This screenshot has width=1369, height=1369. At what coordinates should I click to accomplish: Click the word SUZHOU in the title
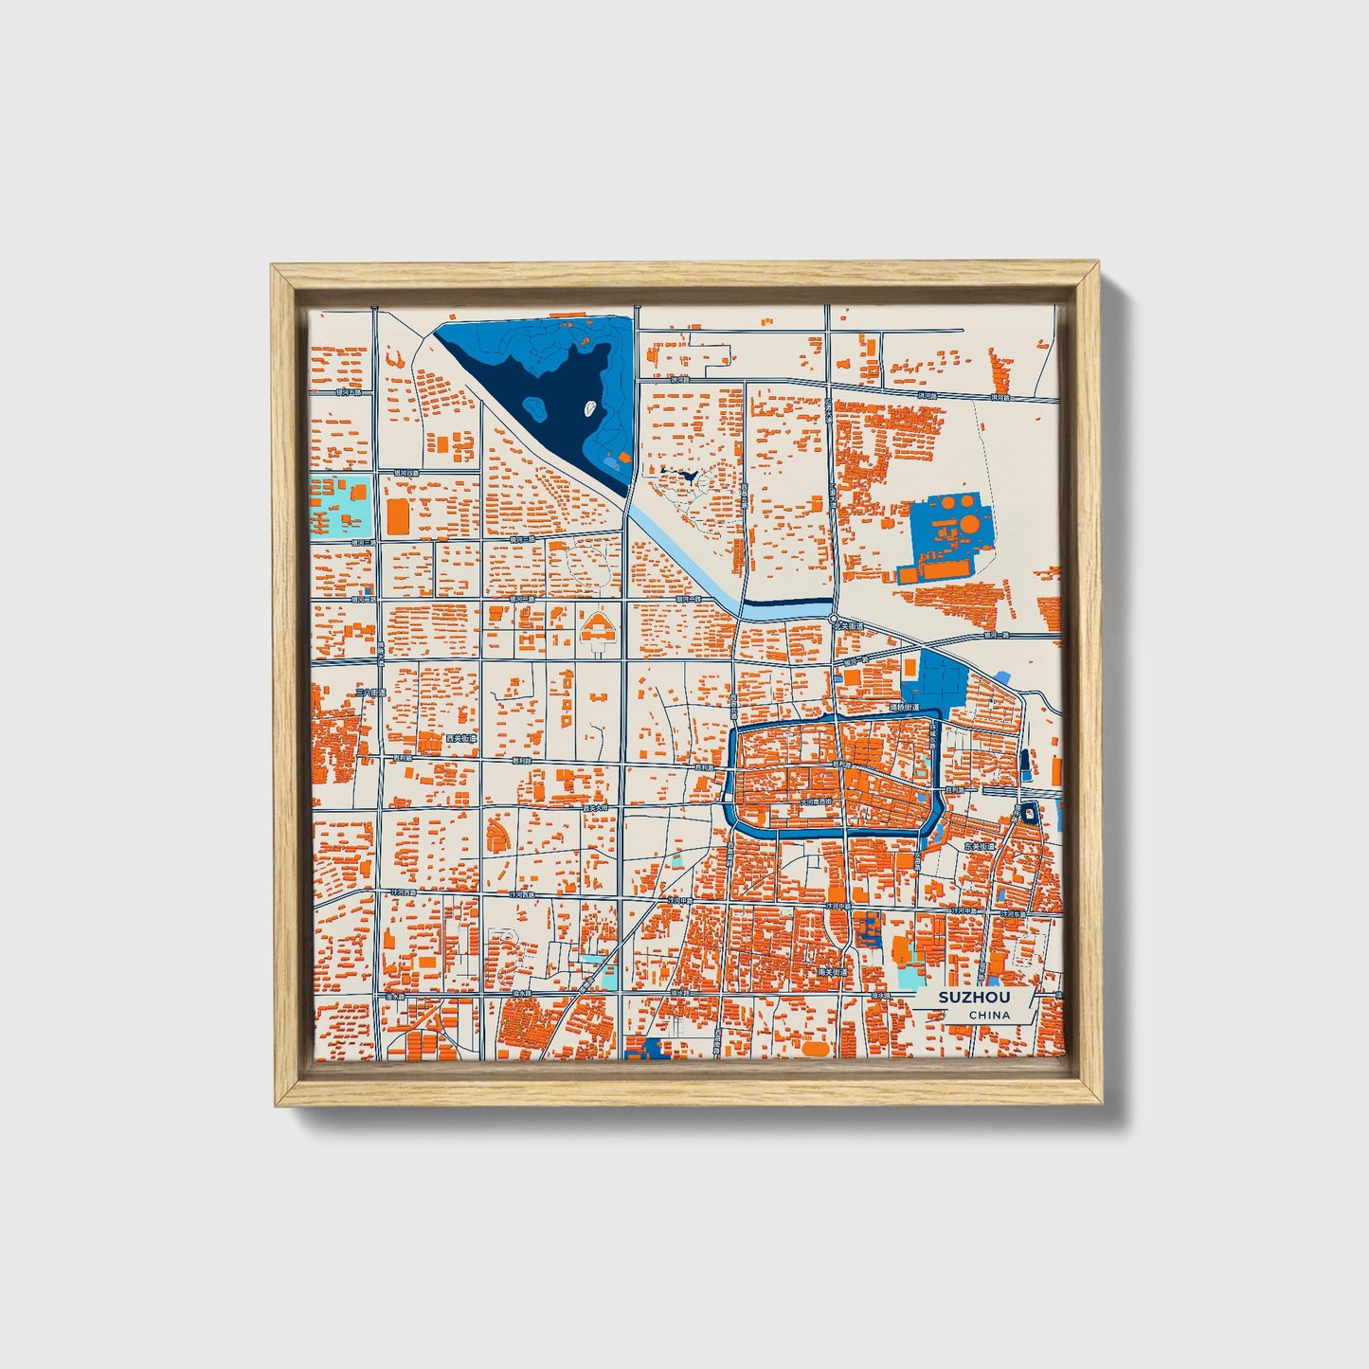click(x=974, y=998)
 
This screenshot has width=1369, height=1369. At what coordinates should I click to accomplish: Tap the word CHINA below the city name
click(x=989, y=1016)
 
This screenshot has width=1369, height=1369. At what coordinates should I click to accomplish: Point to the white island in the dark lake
click(x=591, y=409)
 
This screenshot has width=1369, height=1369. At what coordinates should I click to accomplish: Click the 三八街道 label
click(x=370, y=694)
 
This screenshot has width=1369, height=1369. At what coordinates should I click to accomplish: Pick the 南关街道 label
click(x=831, y=972)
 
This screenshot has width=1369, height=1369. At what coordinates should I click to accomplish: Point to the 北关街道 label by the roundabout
click(x=850, y=626)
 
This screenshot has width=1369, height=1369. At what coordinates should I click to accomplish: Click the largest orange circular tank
click(x=972, y=523)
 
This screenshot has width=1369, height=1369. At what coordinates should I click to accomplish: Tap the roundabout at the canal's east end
click(x=833, y=619)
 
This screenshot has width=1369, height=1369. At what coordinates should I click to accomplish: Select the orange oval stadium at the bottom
click(x=816, y=1049)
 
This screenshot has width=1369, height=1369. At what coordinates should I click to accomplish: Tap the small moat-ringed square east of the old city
click(x=1029, y=812)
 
